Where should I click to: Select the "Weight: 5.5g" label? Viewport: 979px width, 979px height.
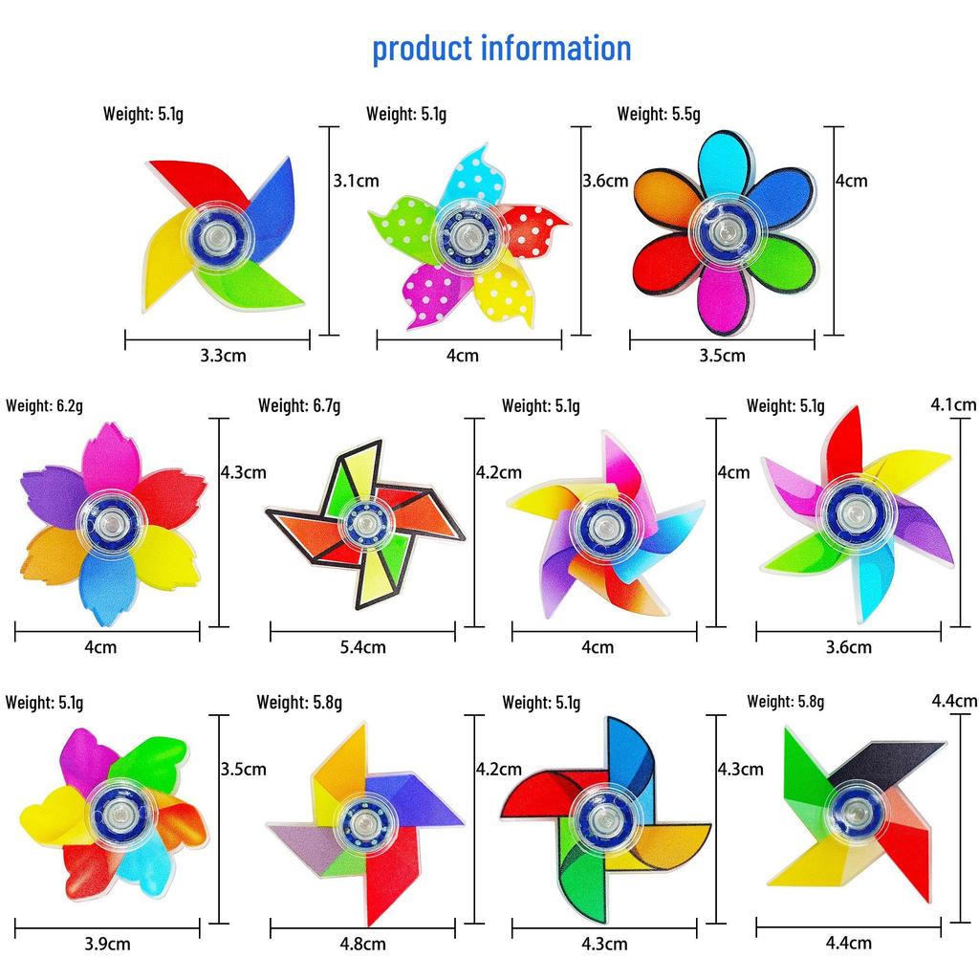pyautogui.click(x=659, y=115)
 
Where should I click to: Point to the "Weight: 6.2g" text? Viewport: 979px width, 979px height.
pyautogui.click(x=44, y=405)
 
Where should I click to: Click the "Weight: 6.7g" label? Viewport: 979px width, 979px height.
pyautogui.click(x=299, y=405)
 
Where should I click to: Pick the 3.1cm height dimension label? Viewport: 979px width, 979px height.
pyautogui.click(x=356, y=181)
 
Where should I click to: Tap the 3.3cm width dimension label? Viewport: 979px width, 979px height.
pyautogui.click(x=223, y=356)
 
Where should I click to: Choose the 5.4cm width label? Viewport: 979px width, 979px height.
pyautogui.click(x=362, y=647)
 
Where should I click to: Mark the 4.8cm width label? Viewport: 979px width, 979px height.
pyautogui.click(x=362, y=944)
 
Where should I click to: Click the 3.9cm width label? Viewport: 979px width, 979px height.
pyautogui.click(x=107, y=944)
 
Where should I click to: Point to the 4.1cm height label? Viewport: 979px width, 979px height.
pyautogui.click(x=953, y=405)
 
